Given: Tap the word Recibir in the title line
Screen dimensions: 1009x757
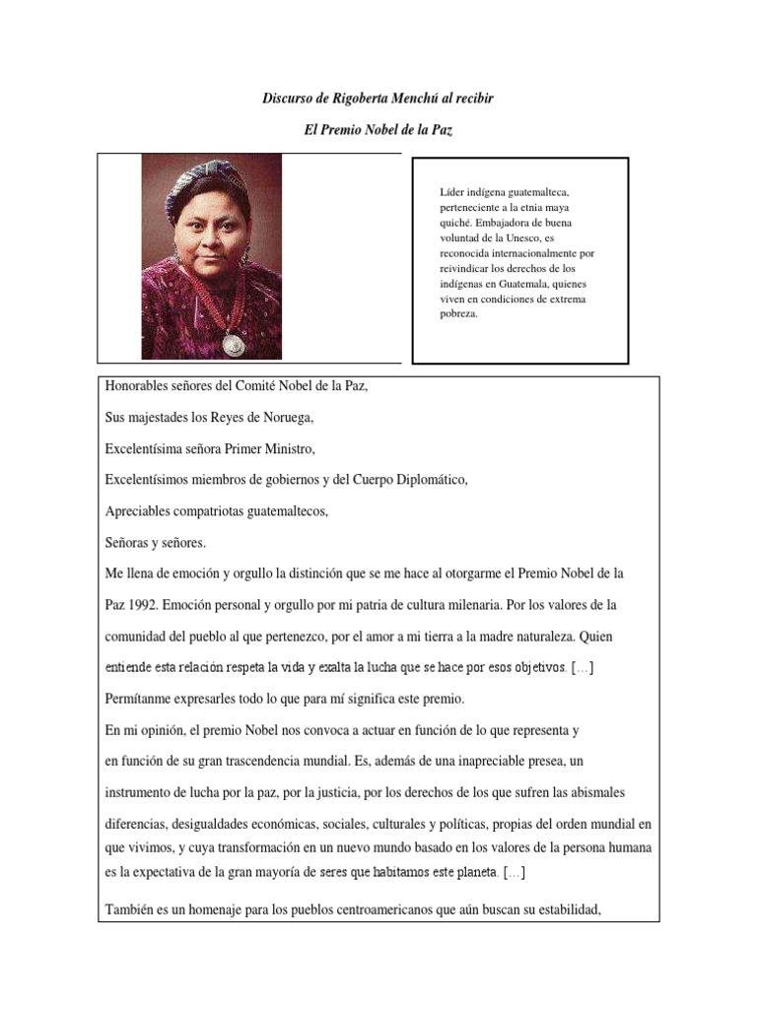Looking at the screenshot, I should tap(470, 100).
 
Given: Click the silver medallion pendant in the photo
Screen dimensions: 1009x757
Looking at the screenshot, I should tap(233, 343).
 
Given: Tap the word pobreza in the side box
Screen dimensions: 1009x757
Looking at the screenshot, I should tap(458, 315).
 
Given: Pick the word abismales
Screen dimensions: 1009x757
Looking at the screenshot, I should tap(592, 792).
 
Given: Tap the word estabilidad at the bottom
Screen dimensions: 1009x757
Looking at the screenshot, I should tap(566, 908).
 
